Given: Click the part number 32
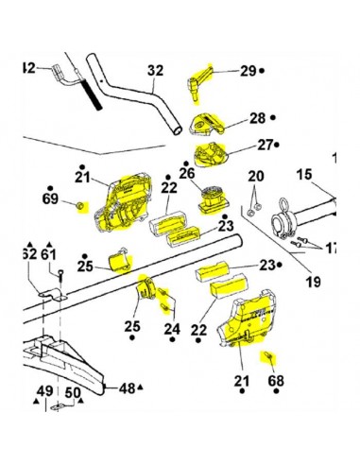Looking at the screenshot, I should (x=155, y=70).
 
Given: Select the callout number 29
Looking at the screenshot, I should (x=248, y=71).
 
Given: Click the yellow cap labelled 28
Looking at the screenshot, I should (x=207, y=123).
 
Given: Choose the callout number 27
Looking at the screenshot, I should (x=260, y=146).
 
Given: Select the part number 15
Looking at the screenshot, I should (x=303, y=174).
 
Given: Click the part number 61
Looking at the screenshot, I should (x=48, y=254).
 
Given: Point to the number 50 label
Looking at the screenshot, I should (x=72, y=391).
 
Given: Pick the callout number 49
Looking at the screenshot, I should (x=43, y=391).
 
